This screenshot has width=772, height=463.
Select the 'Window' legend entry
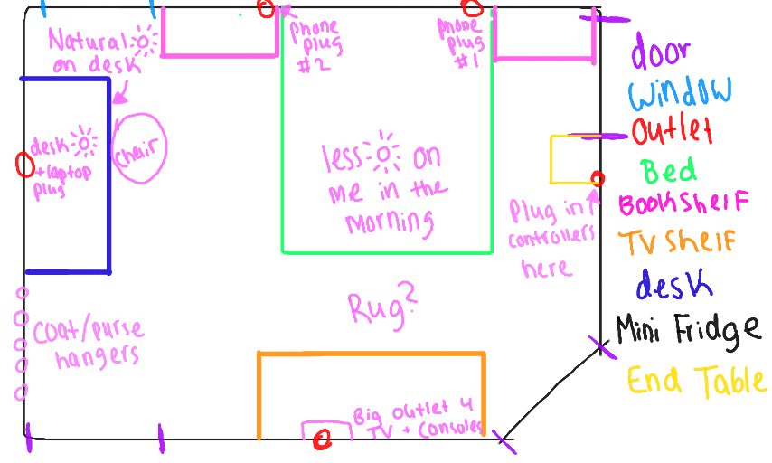pos(680,91)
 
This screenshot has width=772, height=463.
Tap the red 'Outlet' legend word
pos(673,132)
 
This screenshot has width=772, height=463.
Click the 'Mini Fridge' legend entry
pos(688,330)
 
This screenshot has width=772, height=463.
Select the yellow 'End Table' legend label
pos(696,380)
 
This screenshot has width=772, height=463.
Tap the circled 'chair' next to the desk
pos(140,149)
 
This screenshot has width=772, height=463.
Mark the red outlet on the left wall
pos(25,165)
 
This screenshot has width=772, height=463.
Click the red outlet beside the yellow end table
pos(597,177)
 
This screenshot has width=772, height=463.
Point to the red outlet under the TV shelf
pos(321,439)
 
